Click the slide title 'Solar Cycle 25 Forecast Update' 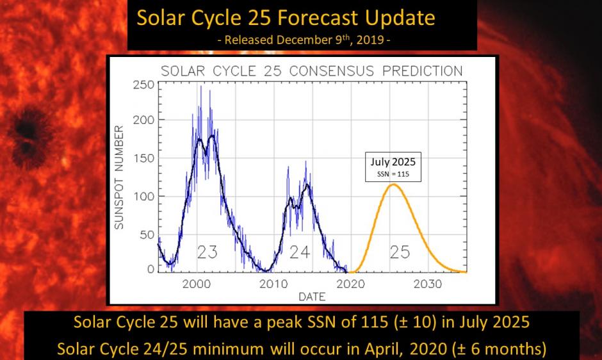(286, 17)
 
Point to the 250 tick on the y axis (144, 85)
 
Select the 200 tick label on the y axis (144, 120)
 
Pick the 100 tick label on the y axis (144, 196)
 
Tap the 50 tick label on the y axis (147, 234)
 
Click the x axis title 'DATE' (311, 297)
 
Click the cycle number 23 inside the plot (206, 252)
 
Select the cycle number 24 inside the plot (299, 252)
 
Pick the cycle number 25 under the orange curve (399, 252)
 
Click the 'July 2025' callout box (393, 167)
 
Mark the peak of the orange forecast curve (393, 184)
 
